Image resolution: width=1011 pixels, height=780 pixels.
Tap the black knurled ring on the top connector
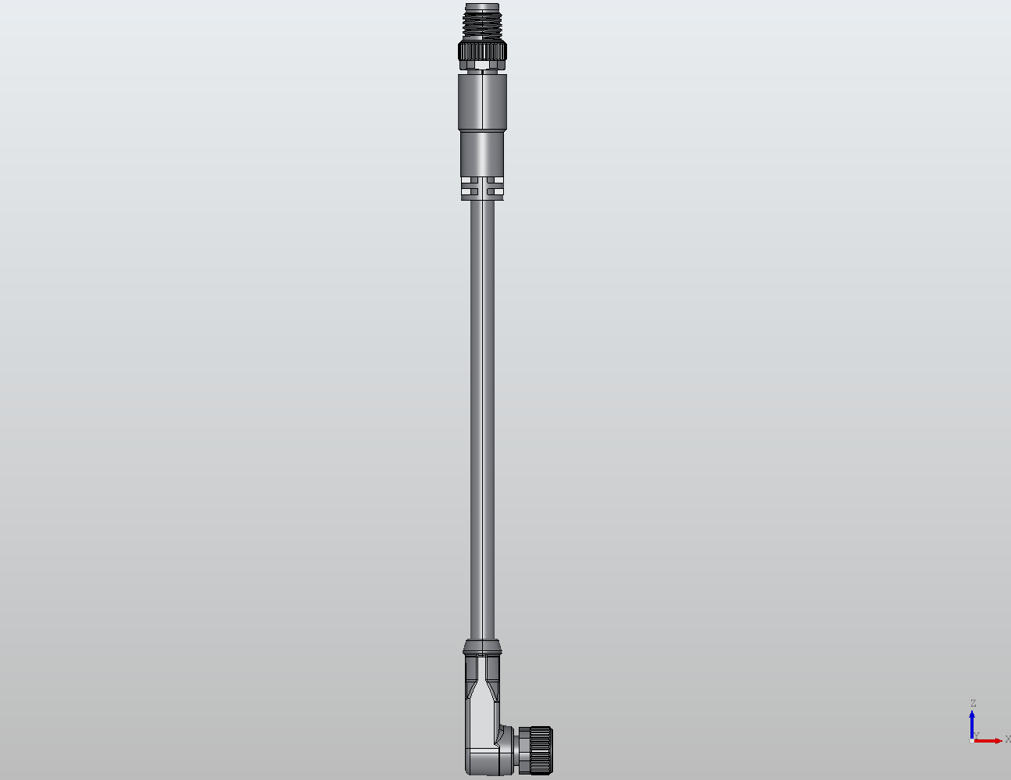[483, 52]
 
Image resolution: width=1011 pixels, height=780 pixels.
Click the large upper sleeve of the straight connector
[483, 102]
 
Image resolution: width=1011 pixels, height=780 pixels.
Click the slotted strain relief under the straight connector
[483, 187]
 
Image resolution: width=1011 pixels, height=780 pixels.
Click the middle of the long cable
[483, 414]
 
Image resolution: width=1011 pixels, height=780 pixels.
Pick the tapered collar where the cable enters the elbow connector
[483, 646]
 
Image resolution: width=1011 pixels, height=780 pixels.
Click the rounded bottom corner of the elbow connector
[473, 768]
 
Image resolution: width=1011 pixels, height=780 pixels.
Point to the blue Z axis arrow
[972, 722]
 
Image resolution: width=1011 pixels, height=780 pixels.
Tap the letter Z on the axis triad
[973, 703]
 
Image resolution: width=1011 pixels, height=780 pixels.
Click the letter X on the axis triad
[1007, 739]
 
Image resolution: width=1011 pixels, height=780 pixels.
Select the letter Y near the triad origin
[976, 735]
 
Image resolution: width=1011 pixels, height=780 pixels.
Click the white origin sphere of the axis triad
[972, 740]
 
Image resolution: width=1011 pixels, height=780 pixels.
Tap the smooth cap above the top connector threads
[483, 6]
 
